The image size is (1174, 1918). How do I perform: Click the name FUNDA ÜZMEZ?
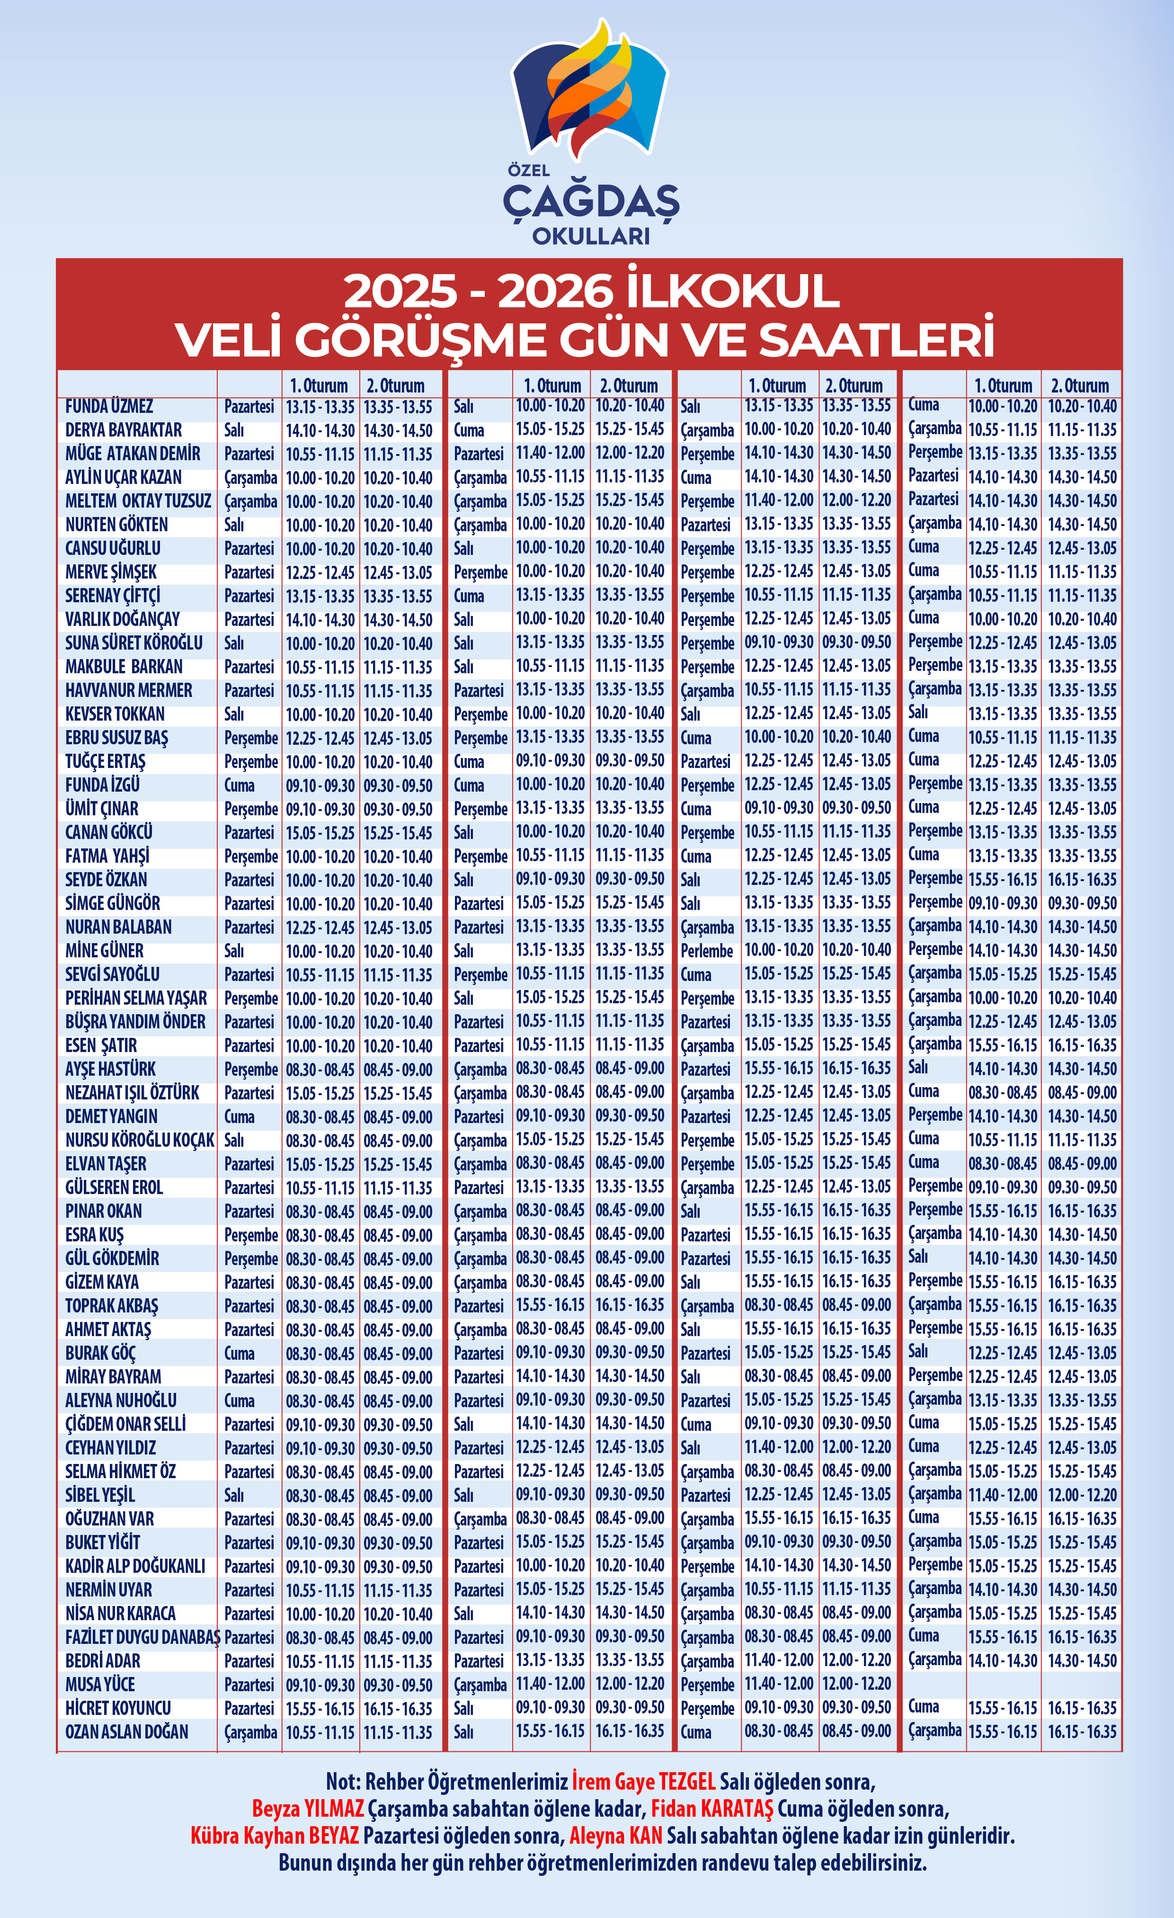pyautogui.click(x=109, y=406)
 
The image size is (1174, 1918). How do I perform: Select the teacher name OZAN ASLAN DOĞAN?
pyautogui.click(x=126, y=1732)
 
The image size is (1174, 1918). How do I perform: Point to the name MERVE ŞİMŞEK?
pyautogui.click(x=111, y=572)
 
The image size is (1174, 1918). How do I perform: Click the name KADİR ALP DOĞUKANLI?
pyautogui.click(x=135, y=1566)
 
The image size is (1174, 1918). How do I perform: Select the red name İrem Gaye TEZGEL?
pyautogui.click(x=643, y=1781)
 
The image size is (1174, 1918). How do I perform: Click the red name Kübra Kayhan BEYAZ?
pyautogui.click(x=274, y=1836)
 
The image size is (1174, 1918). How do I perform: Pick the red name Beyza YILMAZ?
pyautogui.click(x=308, y=1808)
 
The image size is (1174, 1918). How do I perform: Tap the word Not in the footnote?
pyautogui.click(x=341, y=1781)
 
